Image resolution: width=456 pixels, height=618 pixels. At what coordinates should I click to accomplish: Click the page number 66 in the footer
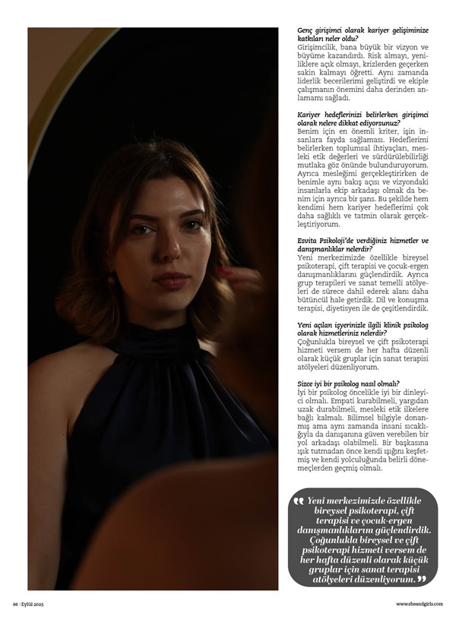(x=14, y=604)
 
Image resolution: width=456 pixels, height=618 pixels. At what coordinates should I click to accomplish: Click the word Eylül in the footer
(x=28, y=604)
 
